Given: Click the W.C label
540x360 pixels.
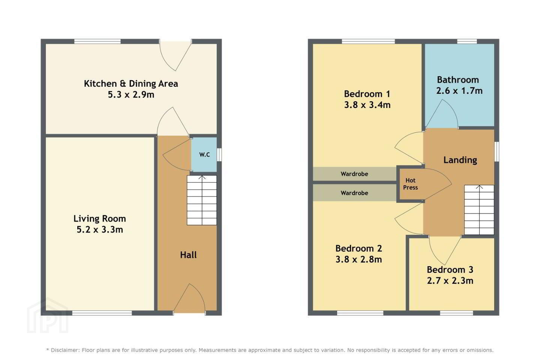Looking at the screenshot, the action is pos(204,154).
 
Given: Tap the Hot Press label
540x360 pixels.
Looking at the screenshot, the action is pos(410,184).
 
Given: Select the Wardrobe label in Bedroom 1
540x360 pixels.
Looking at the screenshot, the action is pos(354,174).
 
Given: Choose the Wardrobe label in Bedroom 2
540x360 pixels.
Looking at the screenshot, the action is pos(354,193).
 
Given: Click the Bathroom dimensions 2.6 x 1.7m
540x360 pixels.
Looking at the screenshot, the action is pos(459,91).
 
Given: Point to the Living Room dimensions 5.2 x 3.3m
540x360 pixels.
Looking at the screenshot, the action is pos(100,229).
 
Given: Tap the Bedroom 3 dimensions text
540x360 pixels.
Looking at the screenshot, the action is pos(450,280).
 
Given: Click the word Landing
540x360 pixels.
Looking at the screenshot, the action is pos(460,160).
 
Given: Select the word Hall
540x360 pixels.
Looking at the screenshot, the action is pos(188,255).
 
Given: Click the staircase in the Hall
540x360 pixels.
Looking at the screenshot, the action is pos(202,200).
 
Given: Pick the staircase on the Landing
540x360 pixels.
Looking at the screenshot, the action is pos(479,210).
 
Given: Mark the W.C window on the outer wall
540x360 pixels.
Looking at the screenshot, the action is pos(219,154).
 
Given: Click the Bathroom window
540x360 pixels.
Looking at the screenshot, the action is pos(467,41).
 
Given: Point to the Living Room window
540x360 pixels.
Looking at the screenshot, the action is pos(102,313).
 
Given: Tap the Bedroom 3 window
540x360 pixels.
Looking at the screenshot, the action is pos(456,313).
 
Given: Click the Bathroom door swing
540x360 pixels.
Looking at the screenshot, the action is pos(442,114).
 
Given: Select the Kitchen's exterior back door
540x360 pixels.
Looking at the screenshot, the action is pos(175,55).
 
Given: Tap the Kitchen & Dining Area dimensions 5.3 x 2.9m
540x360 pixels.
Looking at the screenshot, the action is pos(131,95).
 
